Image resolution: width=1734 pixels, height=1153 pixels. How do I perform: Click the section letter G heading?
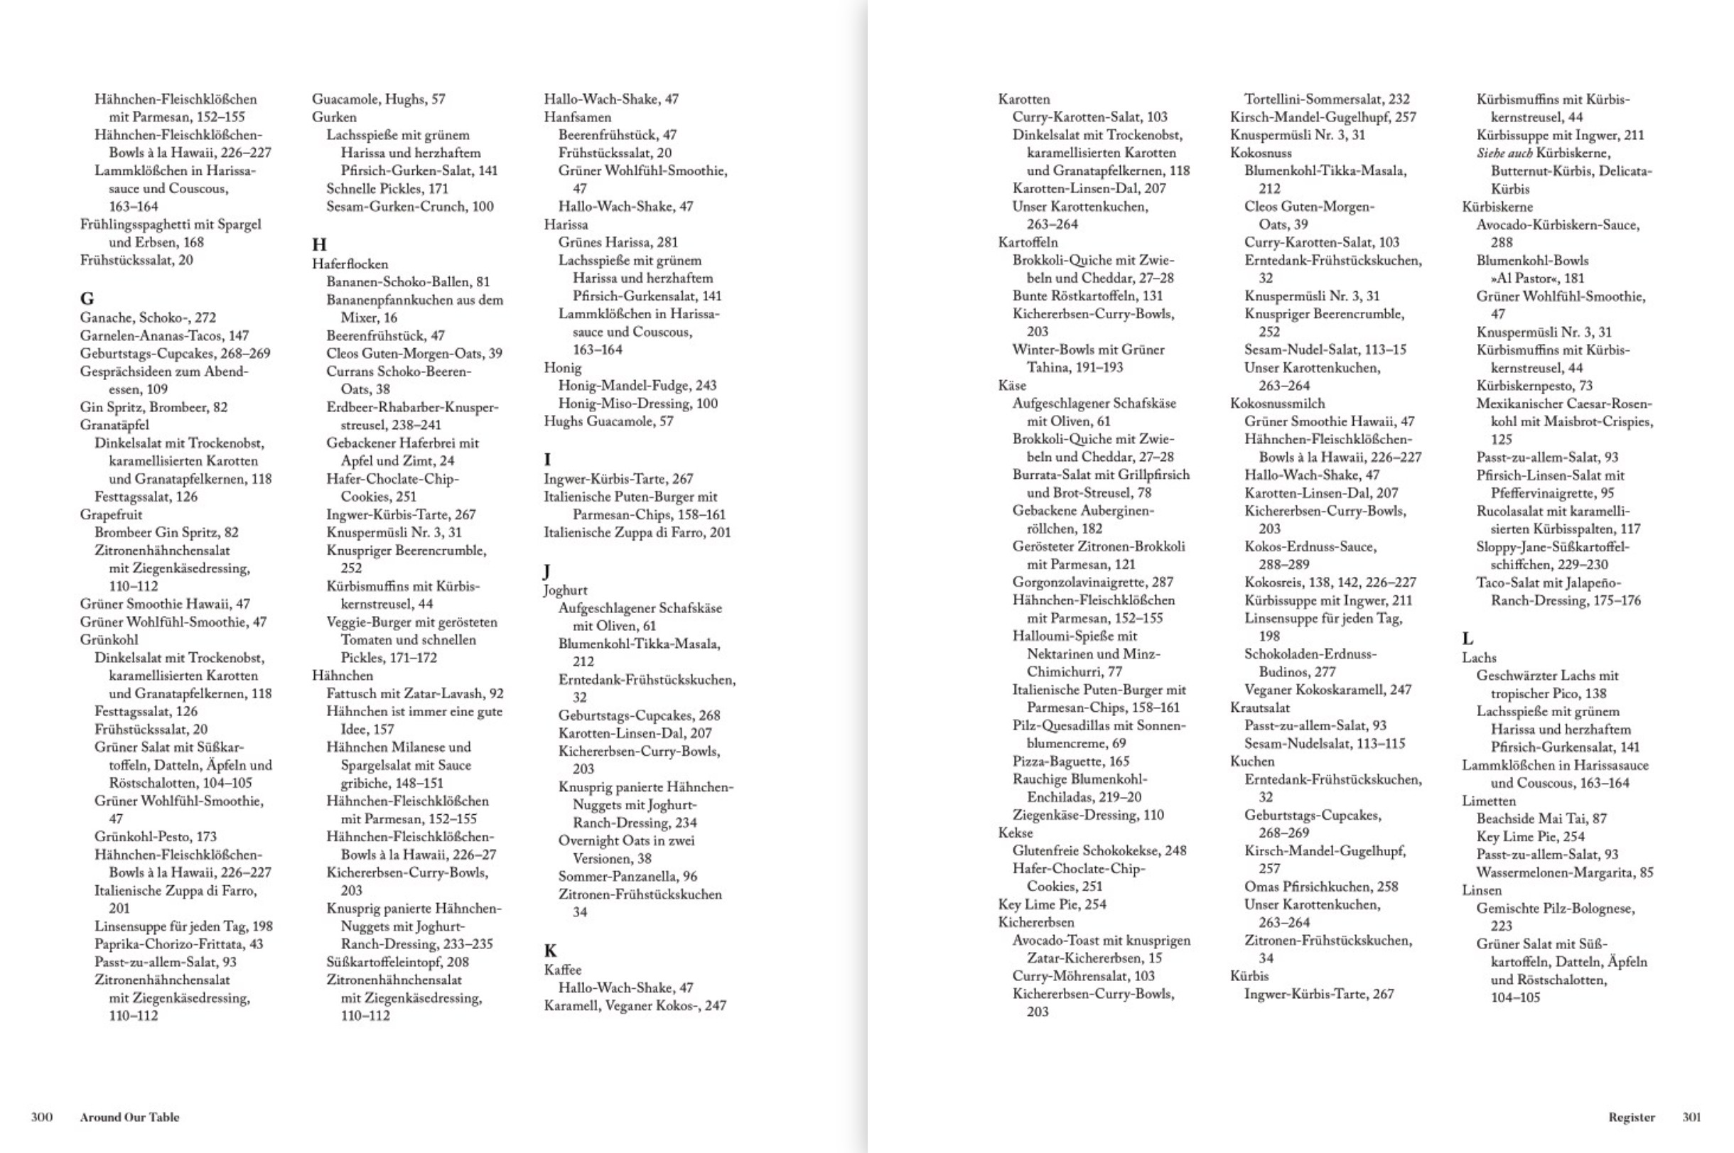(87, 298)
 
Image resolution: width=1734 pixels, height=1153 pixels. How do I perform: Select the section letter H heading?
(319, 245)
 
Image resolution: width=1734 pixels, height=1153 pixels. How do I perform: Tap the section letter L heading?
(1467, 638)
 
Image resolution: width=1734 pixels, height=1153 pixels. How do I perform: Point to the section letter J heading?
(546, 571)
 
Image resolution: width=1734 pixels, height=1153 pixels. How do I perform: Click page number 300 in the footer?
(42, 1117)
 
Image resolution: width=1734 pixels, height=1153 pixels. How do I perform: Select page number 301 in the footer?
(1691, 1117)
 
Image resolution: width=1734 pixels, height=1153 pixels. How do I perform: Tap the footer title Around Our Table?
(129, 1117)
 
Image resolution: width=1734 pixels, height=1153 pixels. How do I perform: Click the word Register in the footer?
(1631, 1117)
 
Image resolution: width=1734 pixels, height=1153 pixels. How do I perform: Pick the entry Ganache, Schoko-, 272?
(148, 318)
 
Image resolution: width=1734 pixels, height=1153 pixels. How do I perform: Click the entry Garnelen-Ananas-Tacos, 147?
(164, 335)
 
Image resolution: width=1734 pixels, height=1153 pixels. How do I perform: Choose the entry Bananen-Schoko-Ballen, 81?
(407, 281)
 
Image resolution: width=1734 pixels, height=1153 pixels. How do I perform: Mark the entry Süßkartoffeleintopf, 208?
(397, 962)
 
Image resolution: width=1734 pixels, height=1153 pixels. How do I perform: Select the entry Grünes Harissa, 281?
(618, 242)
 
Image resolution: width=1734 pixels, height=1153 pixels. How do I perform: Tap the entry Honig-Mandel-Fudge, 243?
(637, 385)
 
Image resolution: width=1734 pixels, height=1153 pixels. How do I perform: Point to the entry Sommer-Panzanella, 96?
(628, 877)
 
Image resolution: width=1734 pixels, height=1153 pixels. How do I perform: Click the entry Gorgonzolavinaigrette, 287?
(1093, 583)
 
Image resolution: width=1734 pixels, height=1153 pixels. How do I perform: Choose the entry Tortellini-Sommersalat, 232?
(1327, 99)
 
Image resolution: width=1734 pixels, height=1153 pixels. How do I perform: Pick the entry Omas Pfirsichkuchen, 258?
(1320, 887)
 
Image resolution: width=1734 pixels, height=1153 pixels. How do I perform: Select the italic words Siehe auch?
(1504, 153)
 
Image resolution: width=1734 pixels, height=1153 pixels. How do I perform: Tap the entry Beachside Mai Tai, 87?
(1541, 818)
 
